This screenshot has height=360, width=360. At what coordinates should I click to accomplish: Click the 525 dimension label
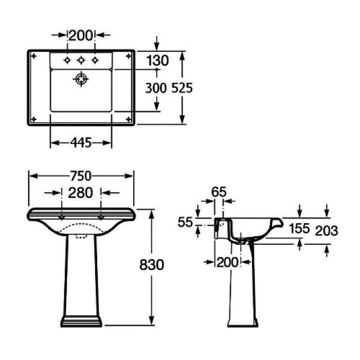[182, 88]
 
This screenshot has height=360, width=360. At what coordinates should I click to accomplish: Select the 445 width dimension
[81, 143]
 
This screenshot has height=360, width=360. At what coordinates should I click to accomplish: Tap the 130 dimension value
[157, 61]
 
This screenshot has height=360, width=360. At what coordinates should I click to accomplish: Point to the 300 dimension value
[156, 88]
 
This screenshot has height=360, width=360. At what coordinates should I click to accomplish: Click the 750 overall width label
[81, 176]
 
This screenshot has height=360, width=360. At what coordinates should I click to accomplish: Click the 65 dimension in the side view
[219, 192]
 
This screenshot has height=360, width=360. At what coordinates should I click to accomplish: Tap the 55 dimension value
[185, 223]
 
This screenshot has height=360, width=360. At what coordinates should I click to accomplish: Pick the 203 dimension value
[327, 231]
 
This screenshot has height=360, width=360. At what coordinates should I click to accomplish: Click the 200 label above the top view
[81, 35]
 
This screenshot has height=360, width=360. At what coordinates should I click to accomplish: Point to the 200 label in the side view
[227, 262]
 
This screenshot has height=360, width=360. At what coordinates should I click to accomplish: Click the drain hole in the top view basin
[81, 79]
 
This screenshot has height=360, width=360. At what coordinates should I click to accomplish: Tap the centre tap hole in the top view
[81, 61]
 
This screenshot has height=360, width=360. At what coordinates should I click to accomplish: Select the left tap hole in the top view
[67, 61]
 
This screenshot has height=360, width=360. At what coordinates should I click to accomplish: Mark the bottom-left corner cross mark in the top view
[34, 119]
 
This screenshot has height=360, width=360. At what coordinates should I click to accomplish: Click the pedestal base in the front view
[81, 322]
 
